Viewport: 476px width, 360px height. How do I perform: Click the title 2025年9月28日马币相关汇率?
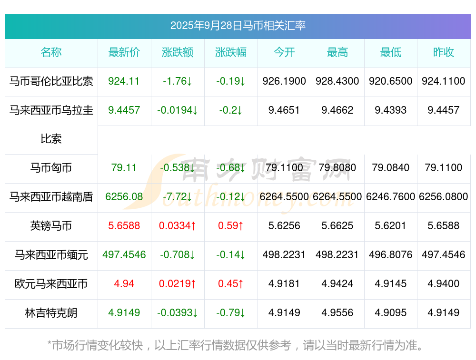tap(238, 26)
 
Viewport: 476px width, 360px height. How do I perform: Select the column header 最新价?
tap(124, 52)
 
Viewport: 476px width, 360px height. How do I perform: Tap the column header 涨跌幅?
tap(231, 52)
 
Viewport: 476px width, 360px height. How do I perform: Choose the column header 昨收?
tap(444, 52)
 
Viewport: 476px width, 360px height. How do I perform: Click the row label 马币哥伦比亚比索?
tap(51, 81)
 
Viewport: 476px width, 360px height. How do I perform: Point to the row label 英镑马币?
tap(51, 226)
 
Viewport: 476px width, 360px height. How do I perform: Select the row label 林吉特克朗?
tap(51, 313)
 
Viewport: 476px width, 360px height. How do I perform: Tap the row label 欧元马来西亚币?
tap(51, 284)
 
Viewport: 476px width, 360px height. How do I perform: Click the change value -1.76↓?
tap(178, 81)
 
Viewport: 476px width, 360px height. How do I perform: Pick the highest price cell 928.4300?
tap(337, 81)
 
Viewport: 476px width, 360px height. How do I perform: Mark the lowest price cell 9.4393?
tap(391, 110)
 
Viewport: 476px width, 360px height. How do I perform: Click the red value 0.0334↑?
tap(178, 226)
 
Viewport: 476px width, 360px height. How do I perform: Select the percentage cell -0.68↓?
tap(231, 168)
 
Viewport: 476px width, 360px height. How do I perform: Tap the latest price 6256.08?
tap(124, 197)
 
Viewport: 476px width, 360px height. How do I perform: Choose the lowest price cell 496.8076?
tap(391, 255)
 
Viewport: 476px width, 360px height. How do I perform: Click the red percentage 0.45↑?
tap(231, 284)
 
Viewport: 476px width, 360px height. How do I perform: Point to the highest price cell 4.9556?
tap(337, 313)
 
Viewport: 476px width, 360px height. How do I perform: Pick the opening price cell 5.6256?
tap(284, 226)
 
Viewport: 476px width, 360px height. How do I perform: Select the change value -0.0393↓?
tap(178, 313)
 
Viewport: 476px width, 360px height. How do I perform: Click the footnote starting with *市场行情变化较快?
tap(235, 345)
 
